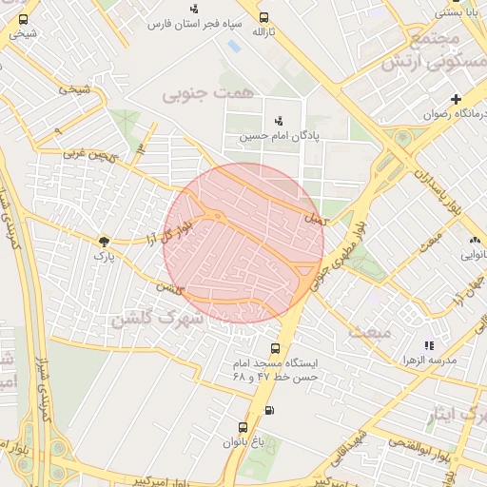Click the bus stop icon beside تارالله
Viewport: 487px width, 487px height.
pyautogui.click(x=263, y=16)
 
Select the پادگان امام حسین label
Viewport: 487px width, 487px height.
pyautogui.click(x=279, y=136)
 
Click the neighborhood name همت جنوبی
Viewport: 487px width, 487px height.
pyautogui.click(x=197, y=94)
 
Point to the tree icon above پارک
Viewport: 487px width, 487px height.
pyautogui.click(x=103, y=242)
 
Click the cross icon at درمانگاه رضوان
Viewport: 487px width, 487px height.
pyautogui.click(x=456, y=99)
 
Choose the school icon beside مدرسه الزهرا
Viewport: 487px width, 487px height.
pyautogui.click(x=429, y=345)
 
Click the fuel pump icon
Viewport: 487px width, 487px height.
pyautogui.click(x=269, y=411)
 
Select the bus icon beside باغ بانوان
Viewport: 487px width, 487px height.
pyautogui.click(x=243, y=427)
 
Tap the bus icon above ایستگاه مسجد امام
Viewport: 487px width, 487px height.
pyautogui.click(x=275, y=349)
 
